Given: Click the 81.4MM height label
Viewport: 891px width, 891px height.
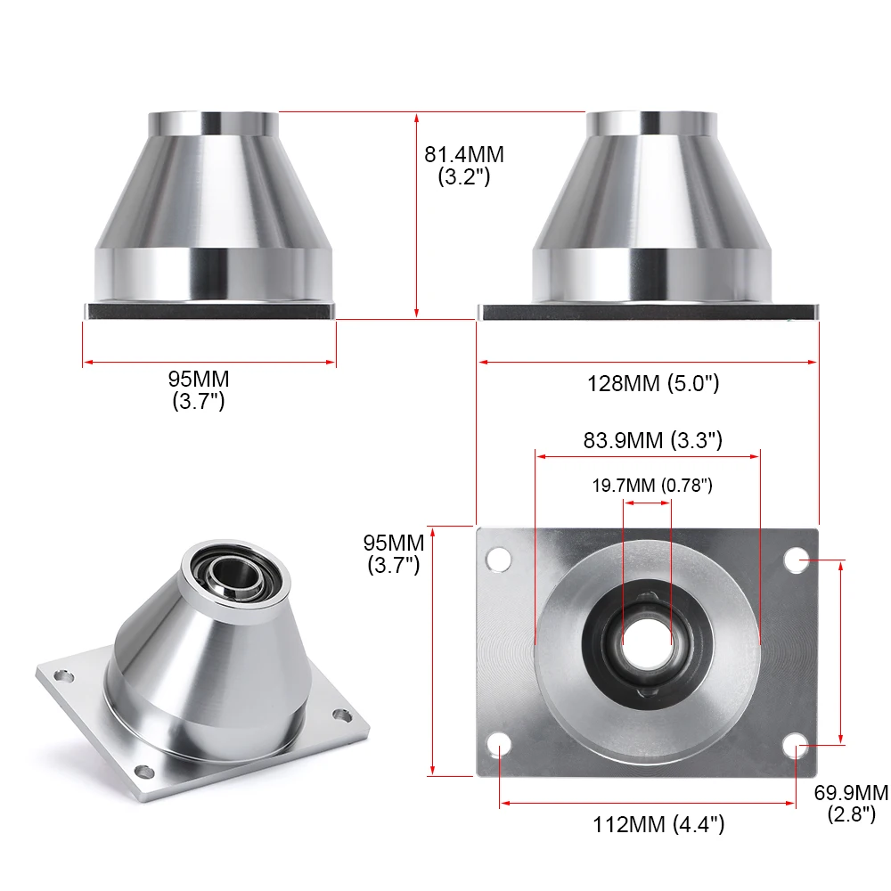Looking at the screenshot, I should (463, 154).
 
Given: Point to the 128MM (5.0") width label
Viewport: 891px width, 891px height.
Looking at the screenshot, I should (652, 384).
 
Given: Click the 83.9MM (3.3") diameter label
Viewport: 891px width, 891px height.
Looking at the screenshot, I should (653, 439).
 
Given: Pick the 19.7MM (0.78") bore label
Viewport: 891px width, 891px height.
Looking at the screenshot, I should (653, 486).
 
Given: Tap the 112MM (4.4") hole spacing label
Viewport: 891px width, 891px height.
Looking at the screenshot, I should (658, 824).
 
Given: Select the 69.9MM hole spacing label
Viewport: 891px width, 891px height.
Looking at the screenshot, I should (851, 792).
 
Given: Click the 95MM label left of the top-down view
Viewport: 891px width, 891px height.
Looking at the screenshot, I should (393, 542).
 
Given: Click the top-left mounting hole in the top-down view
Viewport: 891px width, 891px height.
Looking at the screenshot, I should (498, 559).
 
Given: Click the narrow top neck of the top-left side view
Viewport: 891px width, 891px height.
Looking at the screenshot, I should (213, 122).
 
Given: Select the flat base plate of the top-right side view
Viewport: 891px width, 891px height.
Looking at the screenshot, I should (648, 312).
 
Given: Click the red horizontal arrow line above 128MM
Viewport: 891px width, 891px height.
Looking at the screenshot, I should (648, 362).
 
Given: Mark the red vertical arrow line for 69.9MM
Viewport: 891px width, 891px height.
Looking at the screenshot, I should (842, 650).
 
